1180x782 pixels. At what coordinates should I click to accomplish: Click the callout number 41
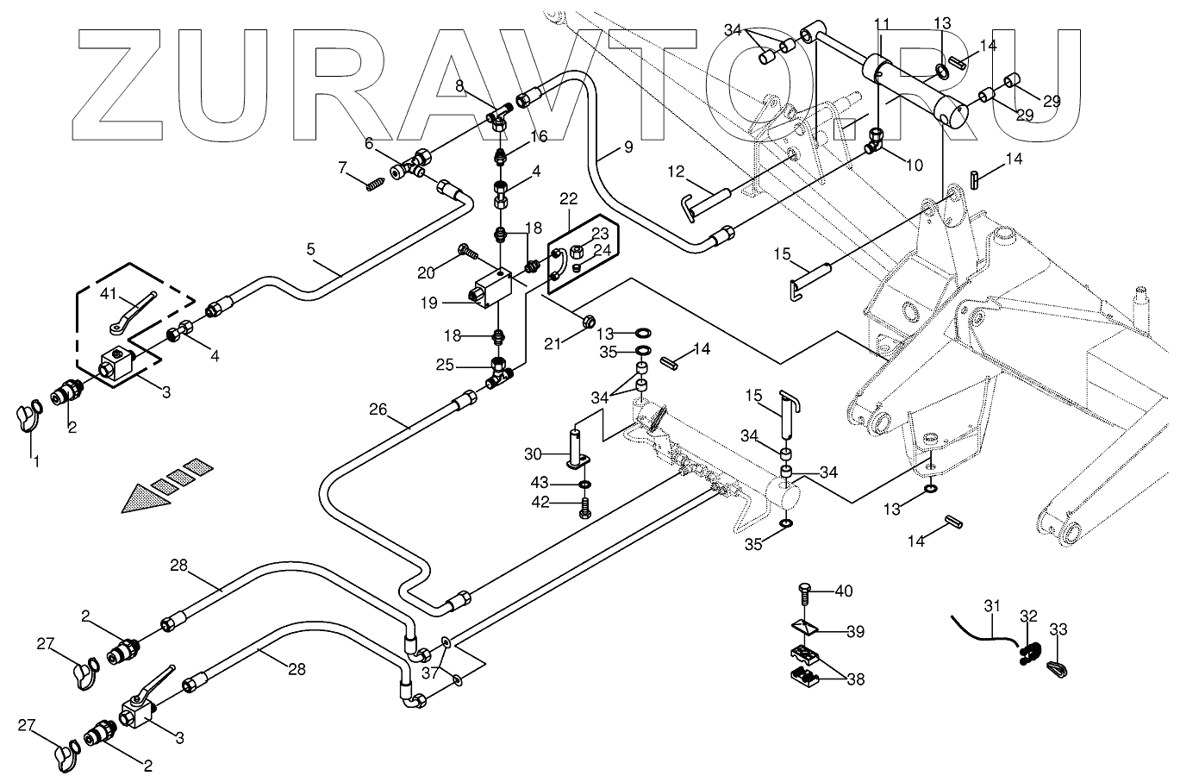[x=109, y=293]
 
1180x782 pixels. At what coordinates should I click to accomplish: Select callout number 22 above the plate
[x=568, y=199]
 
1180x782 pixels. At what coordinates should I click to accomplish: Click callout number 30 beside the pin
[x=534, y=454]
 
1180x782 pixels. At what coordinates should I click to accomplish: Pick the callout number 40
[x=844, y=591]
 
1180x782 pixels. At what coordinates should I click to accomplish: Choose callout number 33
[x=1058, y=629]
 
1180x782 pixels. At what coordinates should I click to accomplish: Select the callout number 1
[x=36, y=462]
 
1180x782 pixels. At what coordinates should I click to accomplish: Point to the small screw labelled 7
[x=374, y=185]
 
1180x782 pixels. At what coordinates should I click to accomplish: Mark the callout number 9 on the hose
[x=628, y=147]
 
